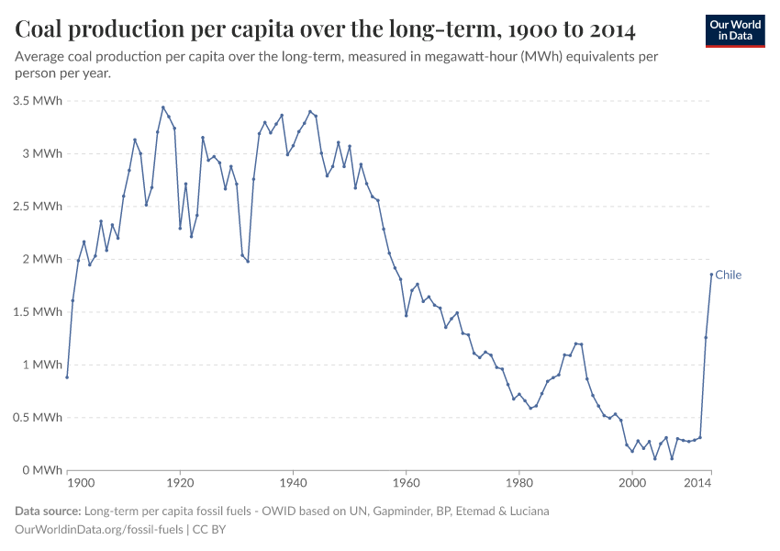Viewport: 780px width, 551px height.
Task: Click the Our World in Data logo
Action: (735, 30)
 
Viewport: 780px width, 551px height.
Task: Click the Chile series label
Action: (728, 275)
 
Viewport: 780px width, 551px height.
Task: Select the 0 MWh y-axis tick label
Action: (43, 470)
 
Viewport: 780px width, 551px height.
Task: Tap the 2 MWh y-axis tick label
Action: (43, 259)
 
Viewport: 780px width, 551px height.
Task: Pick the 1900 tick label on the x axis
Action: (81, 483)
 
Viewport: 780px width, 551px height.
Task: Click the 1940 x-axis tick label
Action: (293, 483)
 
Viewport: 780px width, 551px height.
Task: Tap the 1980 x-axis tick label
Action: (519, 483)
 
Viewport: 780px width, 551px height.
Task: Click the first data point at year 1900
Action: (67, 377)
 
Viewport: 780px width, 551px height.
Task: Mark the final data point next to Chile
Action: (711, 274)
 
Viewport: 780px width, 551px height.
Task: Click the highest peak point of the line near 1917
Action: (163, 107)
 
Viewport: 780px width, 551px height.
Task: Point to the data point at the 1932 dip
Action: (248, 261)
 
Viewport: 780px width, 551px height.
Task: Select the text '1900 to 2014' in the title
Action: (571, 30)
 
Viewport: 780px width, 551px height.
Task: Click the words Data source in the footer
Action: (48, 511)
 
